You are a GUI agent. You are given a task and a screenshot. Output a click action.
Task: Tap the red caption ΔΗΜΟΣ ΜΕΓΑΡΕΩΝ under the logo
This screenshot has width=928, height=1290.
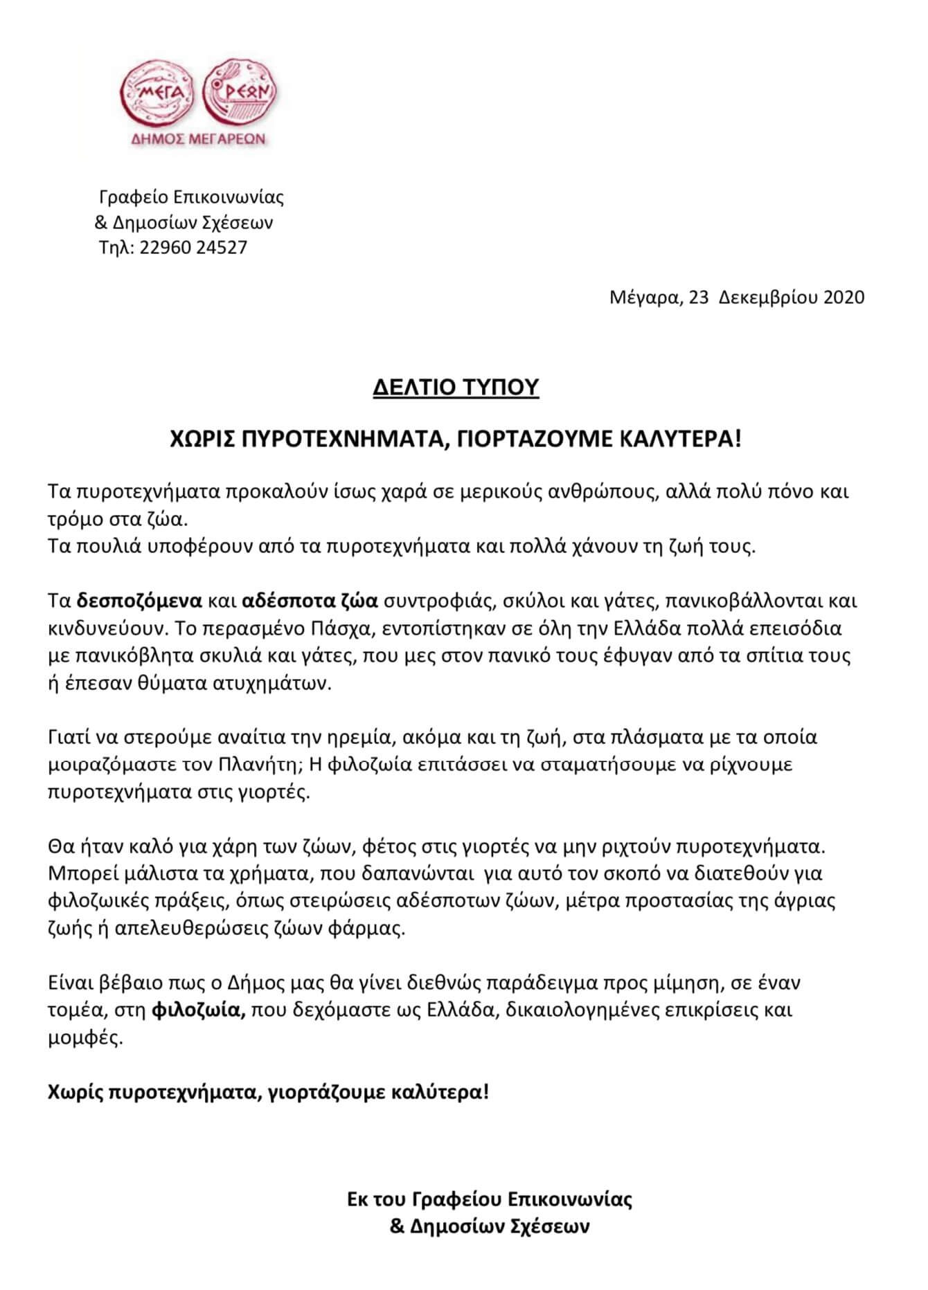click(199, 138)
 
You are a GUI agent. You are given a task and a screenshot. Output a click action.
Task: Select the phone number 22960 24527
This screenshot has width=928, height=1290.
click(193, 248)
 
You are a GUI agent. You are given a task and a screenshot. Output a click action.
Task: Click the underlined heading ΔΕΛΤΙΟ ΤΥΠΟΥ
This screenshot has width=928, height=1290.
click(456, 388)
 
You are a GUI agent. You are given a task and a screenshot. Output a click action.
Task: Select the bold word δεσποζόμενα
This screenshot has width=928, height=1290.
click(139, 600)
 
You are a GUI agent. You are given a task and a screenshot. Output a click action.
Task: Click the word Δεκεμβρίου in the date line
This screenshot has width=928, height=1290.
click(768, 297)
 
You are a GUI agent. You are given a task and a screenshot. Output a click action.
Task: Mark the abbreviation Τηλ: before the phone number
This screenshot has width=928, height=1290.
click(117, 248)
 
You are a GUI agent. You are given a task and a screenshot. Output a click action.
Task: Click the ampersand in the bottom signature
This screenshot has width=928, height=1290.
click(397, 1226)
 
